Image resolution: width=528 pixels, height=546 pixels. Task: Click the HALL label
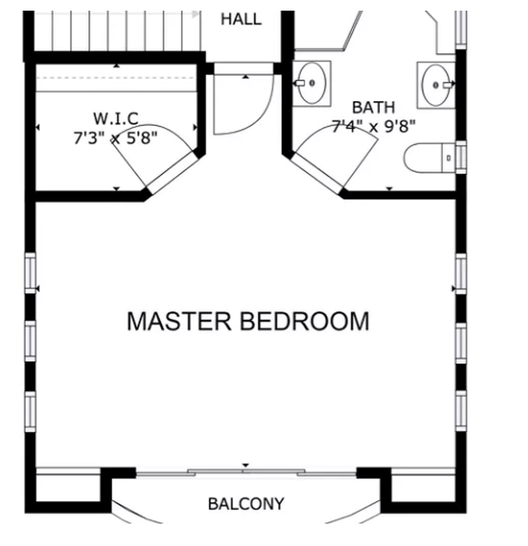tap(241, 19)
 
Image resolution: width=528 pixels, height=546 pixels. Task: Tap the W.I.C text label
tap(116, 119)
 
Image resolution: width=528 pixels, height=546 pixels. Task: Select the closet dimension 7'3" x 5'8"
tap(116, 137)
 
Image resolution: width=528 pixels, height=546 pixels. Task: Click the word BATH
tap(374, 108)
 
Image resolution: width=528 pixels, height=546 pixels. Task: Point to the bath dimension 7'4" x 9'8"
tap(374, 126)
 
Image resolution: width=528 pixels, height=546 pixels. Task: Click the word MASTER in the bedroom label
tap(179, 321)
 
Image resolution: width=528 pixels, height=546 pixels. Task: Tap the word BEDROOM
tap(304, 321)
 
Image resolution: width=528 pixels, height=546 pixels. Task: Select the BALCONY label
tap(246, 504)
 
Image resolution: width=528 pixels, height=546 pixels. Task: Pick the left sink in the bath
tap(312, 83)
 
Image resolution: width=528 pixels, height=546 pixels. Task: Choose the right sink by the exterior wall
tap(436, 85)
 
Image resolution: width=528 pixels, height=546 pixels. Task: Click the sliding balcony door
tap(246, 472)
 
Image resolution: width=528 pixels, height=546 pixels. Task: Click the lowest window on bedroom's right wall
tap(461, 410)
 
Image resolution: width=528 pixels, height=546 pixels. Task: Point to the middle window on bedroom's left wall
tap(30, 340)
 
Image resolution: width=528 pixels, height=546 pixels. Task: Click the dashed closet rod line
tap(116, 78)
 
